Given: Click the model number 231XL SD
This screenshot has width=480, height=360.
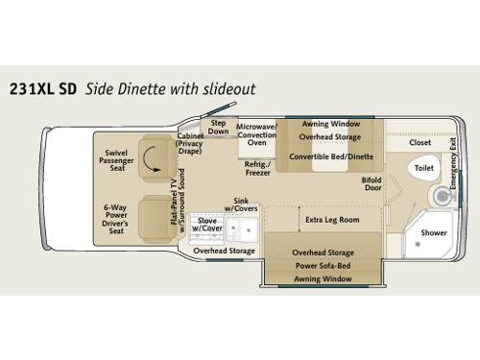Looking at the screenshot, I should point(42,90).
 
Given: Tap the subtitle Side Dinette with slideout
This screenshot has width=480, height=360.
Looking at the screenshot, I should point(171,90).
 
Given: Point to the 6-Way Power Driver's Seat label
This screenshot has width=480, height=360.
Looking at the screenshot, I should point(118,217).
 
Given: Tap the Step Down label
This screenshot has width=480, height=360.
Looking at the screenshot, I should point(218,127).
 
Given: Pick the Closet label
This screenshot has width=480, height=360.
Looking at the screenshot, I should point(420,142).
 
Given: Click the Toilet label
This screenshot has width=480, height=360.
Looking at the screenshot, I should point(424,168).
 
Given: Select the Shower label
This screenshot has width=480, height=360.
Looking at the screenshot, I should point(435,231).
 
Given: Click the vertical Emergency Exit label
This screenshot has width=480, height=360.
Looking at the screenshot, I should point(453,157).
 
